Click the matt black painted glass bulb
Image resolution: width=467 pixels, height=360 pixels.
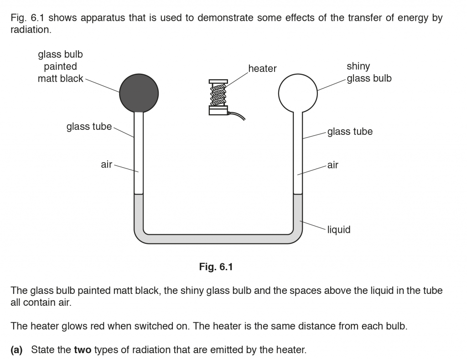(x=139, y=93)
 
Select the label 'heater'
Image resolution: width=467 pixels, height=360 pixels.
(x=262, y=69)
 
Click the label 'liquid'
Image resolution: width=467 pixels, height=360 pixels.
(x=338, y=230)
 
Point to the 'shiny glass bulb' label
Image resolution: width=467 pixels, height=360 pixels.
(x=368, y=72)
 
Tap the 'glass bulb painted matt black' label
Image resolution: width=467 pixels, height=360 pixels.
(x=60, y=67)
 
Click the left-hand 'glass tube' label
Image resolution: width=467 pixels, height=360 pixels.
(x=89, y=127)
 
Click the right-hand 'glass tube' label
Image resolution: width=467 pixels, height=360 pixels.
(x=350, y=132)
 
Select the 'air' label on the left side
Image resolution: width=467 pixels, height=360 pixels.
(x=106, y=165)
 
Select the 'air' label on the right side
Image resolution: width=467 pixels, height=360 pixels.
(x=333, y=165)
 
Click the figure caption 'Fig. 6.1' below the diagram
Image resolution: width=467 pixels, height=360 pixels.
(x=216, y=267)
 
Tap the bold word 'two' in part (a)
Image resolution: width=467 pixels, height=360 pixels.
(x=83, y=350)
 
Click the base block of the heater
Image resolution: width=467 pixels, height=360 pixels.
(x=218, y=109)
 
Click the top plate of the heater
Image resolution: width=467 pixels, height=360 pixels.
(x=218, y=81)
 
